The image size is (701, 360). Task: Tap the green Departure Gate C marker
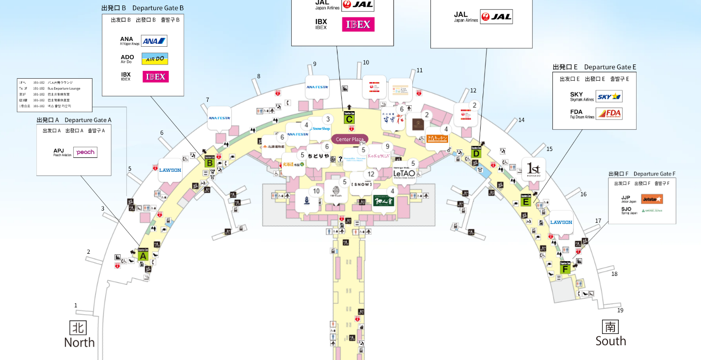coord(349,118)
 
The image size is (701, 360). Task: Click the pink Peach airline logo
coord(85,152)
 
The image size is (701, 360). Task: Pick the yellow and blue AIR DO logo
coord(155,59)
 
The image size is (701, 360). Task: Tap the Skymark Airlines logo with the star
coord(609,96)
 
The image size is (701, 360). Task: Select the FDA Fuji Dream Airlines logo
coord(609,114)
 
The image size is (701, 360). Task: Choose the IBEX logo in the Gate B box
coord(155,77)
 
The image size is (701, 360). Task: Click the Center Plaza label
coord(350,139)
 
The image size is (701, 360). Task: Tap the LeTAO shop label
coord(404,173)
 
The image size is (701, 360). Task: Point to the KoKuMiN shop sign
coord(379,156)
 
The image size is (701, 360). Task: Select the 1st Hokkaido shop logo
coord(534,169)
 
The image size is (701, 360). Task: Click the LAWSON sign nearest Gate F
coord(561,222)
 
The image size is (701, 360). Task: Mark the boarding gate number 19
coord(620,310)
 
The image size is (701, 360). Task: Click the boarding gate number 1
coord(76,305)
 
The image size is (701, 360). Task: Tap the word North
coord(79,342)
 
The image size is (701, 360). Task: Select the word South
coord(610,341)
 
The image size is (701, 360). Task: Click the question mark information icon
coord(340,158)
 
